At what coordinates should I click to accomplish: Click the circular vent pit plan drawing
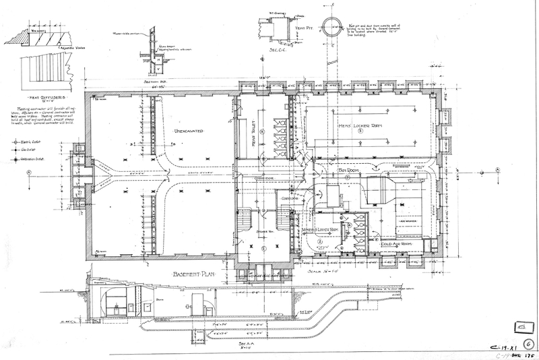pyautogui.click(x=333, y=31)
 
